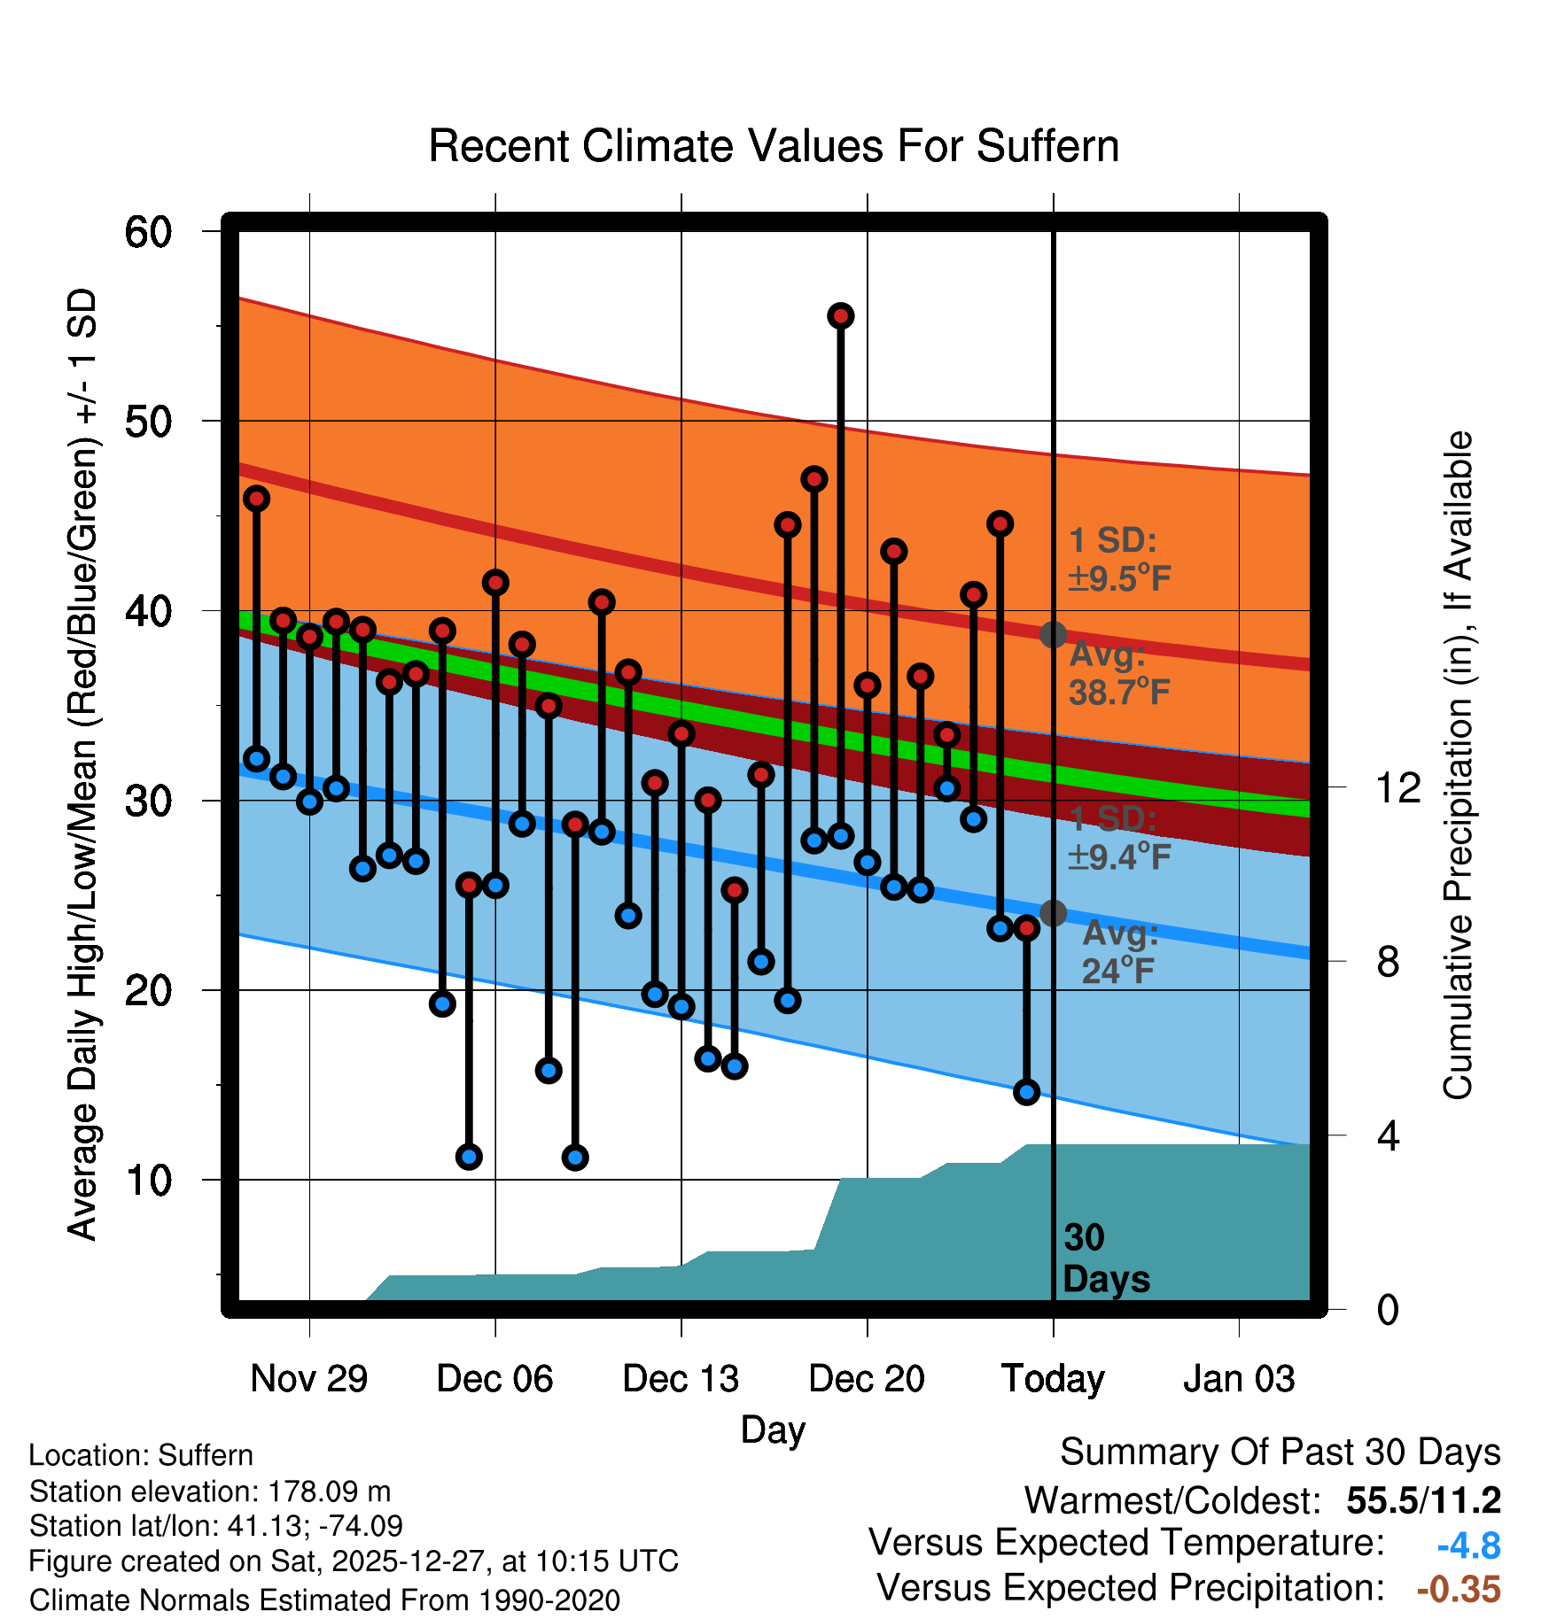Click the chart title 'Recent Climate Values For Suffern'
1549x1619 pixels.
point(774,146)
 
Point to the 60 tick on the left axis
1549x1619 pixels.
point(148,232)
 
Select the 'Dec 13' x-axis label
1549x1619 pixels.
point(681,1379)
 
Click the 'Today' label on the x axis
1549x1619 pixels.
point(1053,1379)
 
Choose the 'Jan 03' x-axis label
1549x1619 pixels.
point(1239,1379)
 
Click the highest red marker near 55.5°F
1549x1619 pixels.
point(841,316)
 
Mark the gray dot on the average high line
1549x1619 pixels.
point(1053,634)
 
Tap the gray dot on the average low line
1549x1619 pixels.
point(1053,913)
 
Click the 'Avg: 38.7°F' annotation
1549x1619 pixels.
point(1118,673)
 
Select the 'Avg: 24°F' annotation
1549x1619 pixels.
point(1120,952)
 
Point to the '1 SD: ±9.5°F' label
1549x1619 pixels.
point(1118,559)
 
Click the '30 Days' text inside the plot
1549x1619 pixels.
point(1105,1259)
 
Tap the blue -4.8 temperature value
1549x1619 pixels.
point(1468,1545)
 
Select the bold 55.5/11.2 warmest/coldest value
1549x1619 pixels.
point(1423,1500)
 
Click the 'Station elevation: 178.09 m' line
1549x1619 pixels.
point(210,1491)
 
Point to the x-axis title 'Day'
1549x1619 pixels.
point(773,1429)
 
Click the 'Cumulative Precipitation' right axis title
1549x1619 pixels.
point(1458,765)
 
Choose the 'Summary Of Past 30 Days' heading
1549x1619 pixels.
point(1280,1452)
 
